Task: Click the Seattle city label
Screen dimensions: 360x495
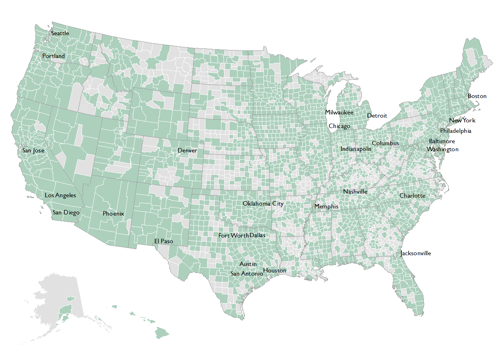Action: tap(60, 33)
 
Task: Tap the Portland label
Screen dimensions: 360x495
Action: tap(54, 56)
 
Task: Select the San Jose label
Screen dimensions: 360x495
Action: tap(33, 150)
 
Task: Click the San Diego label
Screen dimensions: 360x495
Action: tap(66, 212)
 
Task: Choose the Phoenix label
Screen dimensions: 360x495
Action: tap(113, 214)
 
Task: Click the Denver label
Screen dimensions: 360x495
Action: tap(187, 150)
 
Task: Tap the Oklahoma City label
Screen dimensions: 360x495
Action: tap(263, 204)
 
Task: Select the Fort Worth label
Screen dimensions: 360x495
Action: tap(234, 236)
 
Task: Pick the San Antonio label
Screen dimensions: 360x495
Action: tap(247, 274)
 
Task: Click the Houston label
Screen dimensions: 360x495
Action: tap(275, 270)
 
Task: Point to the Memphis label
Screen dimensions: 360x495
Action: tap(326, 206)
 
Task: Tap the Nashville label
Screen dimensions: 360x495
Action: tap(355, 192)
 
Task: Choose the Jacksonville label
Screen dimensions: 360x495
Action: tap(416, 253)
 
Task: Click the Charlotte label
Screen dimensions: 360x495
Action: tap(412, 196)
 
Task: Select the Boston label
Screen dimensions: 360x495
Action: tap(477, 96)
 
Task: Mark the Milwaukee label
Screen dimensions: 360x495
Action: tap(339, 112)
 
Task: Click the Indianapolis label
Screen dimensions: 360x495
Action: tap(356, 149)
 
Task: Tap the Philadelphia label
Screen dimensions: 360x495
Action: tap(455, 131)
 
